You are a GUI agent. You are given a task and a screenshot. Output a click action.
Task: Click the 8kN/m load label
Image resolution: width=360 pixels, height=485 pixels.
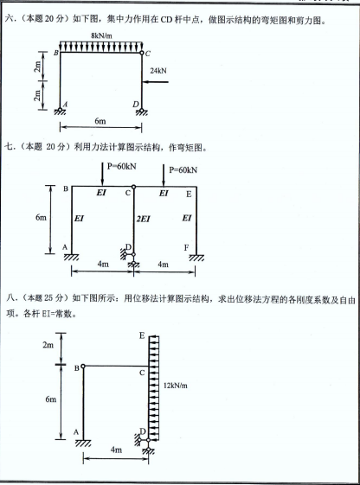pos(101,35)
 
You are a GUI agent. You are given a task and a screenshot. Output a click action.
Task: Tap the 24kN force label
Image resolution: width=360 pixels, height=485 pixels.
pos(158,71)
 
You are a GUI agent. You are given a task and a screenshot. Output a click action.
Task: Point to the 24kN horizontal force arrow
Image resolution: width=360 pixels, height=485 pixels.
pos(155,82)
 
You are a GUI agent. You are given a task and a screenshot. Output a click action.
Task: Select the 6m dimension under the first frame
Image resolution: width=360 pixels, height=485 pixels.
pos(100,121)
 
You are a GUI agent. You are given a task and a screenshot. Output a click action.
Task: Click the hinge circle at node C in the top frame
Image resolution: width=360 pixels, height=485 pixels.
pos(141,53)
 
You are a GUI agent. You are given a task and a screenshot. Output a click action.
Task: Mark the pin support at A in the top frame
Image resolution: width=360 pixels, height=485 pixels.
pos(60,111)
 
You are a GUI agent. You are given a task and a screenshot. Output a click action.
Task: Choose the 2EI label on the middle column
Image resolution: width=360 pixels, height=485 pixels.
pos(143,219)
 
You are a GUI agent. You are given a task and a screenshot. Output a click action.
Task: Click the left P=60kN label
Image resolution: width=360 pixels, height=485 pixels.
pos(122,166)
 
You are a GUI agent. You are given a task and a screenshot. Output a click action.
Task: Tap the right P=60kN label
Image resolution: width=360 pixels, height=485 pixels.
pos(183,169)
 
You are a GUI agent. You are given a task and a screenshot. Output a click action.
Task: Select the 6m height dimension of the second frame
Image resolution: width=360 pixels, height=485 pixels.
pos(41,218)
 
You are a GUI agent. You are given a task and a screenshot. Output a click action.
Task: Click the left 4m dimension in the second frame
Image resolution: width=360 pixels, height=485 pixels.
pos(103,265)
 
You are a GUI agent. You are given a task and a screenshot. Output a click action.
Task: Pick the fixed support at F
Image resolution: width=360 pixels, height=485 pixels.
pos(196,258)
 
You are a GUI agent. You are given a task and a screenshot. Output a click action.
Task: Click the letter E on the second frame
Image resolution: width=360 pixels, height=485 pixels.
pos(189,195)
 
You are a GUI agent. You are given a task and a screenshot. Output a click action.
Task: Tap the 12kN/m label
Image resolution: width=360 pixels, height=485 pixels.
pos(175,386)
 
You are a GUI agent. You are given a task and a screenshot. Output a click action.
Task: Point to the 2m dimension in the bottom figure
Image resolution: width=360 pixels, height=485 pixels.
pos(48,345)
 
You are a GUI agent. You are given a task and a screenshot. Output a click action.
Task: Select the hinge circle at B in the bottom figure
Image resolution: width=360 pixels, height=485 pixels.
pos(83,367)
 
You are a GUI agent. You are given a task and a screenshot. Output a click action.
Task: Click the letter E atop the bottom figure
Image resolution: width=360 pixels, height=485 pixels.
pos(142,335)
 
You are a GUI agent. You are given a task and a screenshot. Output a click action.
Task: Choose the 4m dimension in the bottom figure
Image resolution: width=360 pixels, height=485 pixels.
pos(116,450)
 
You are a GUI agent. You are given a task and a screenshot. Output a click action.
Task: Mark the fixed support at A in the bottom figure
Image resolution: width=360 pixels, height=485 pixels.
pos(83,443)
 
